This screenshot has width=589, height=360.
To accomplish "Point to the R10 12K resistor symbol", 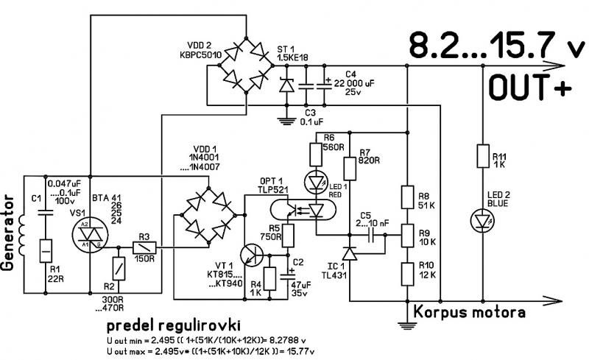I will pos(406,273).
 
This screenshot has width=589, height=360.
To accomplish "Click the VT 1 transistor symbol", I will pos(252,255).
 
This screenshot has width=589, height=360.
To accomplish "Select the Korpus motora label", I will pos(471,311).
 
